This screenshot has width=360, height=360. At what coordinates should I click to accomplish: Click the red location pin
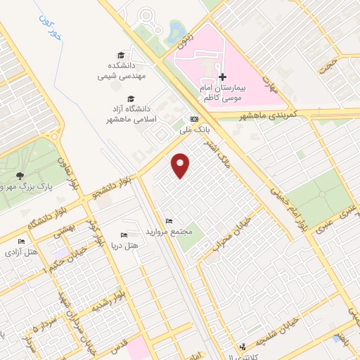click(181, 165)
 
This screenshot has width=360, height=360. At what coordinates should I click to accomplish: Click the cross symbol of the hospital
click(223, 77)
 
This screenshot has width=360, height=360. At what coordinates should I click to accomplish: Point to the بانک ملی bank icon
click(194, 120)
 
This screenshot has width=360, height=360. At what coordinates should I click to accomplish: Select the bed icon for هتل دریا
click(124, 235)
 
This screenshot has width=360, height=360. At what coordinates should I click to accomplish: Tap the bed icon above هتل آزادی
click(20, 241)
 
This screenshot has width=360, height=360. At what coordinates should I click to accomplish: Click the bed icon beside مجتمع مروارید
click(168, 221)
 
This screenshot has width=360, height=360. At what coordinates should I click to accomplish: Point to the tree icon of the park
click(20, 176)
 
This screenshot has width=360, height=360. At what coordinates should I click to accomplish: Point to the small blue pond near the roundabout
click(174, 29)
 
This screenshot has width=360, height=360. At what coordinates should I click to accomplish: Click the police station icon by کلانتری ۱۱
click(243, 347)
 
